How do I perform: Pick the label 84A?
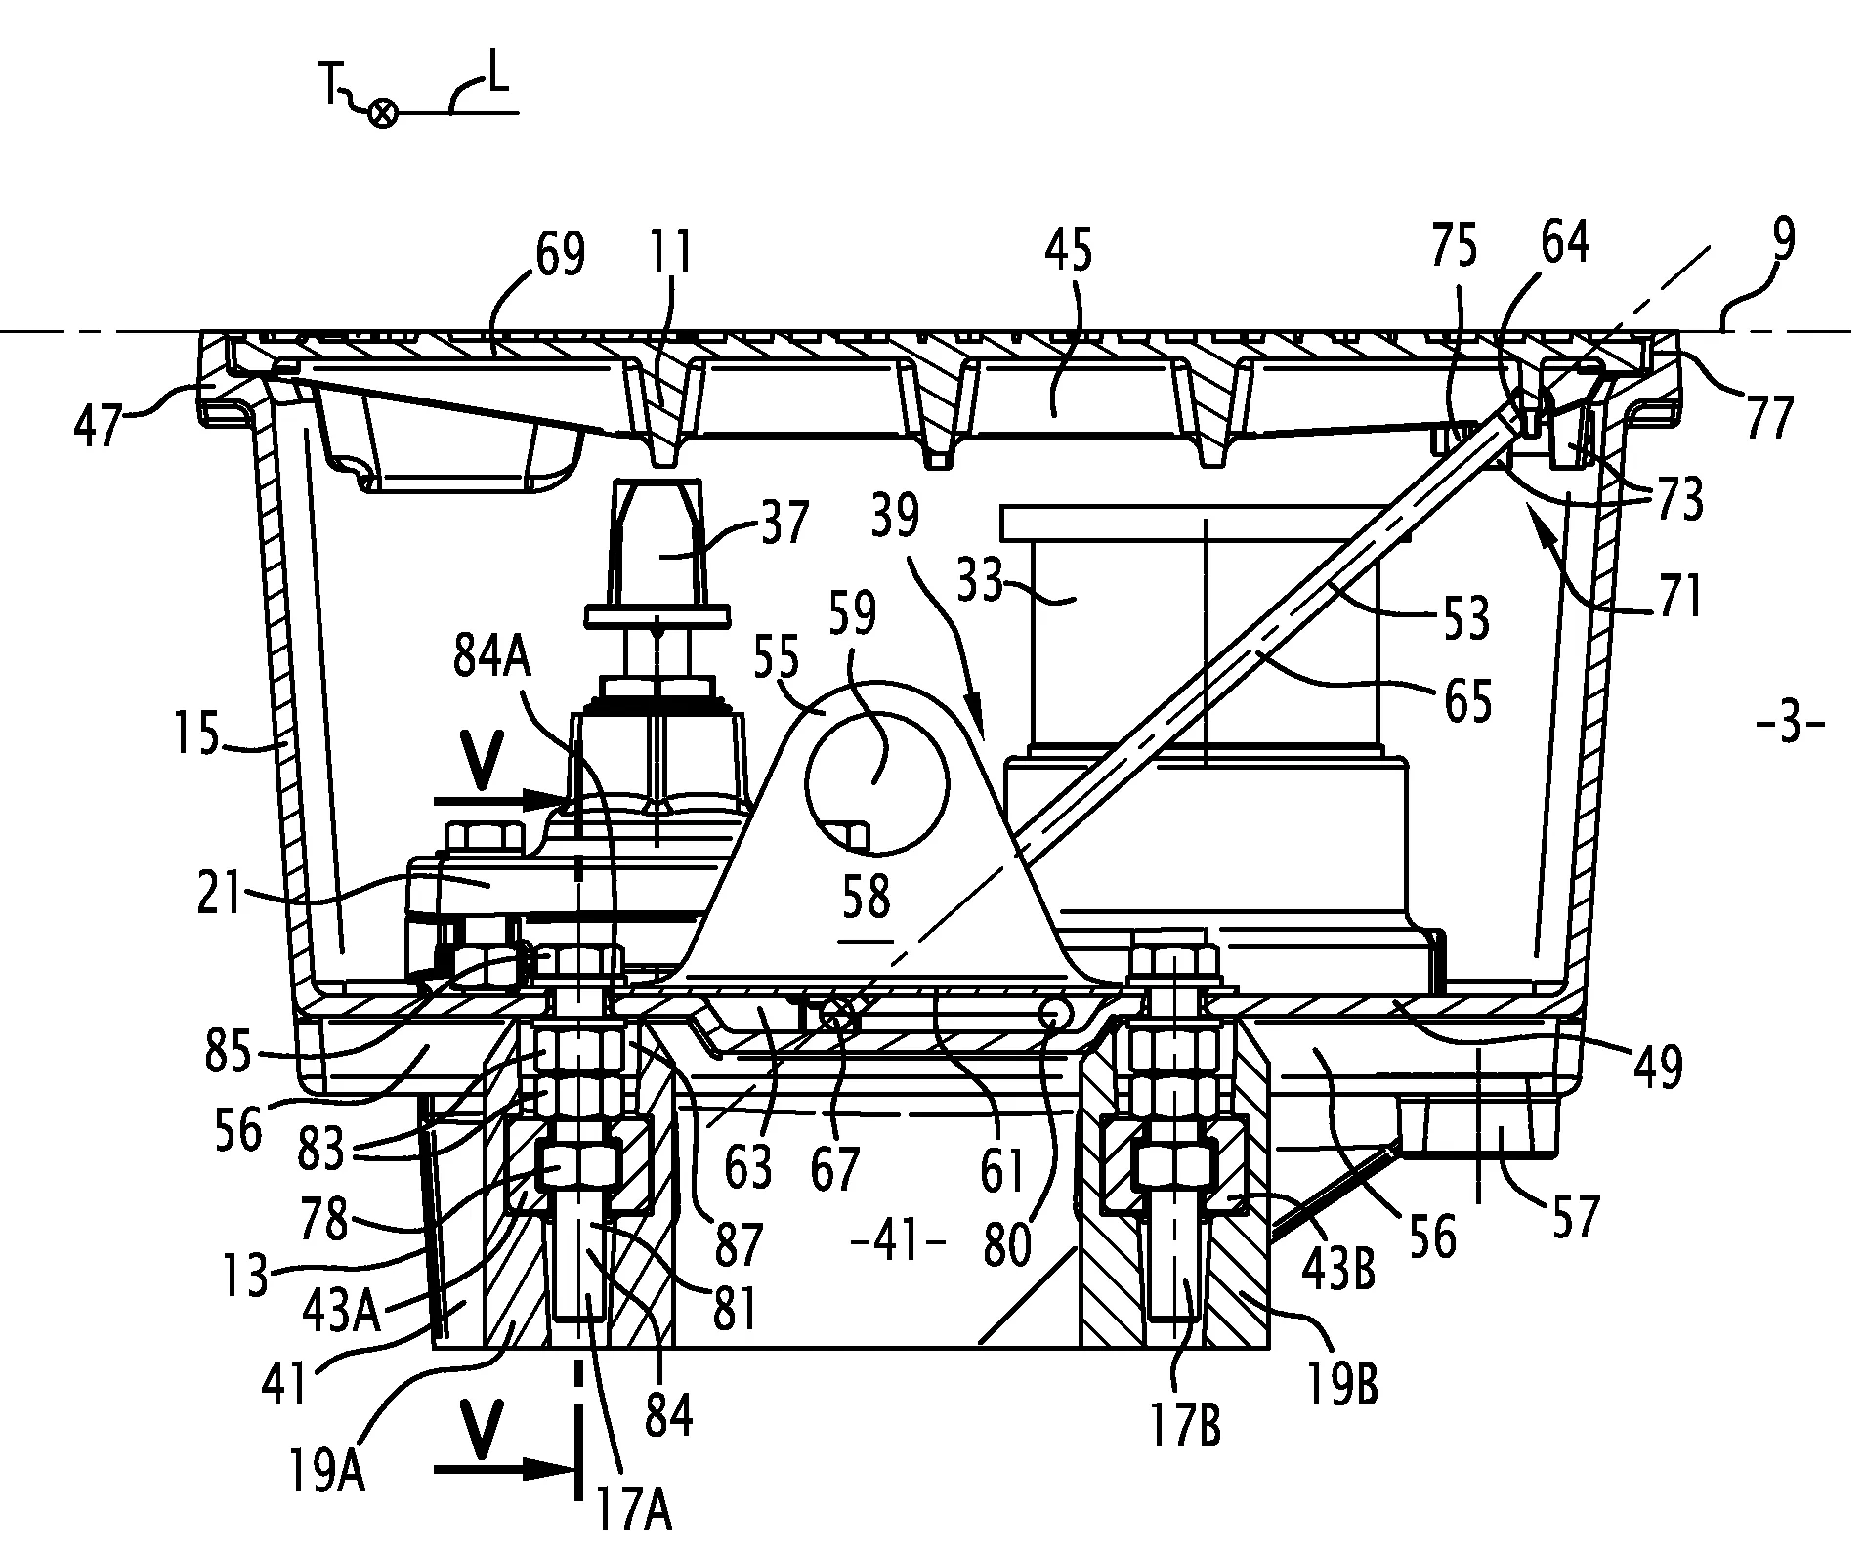click(493, 659)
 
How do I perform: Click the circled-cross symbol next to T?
click(383, 114)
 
